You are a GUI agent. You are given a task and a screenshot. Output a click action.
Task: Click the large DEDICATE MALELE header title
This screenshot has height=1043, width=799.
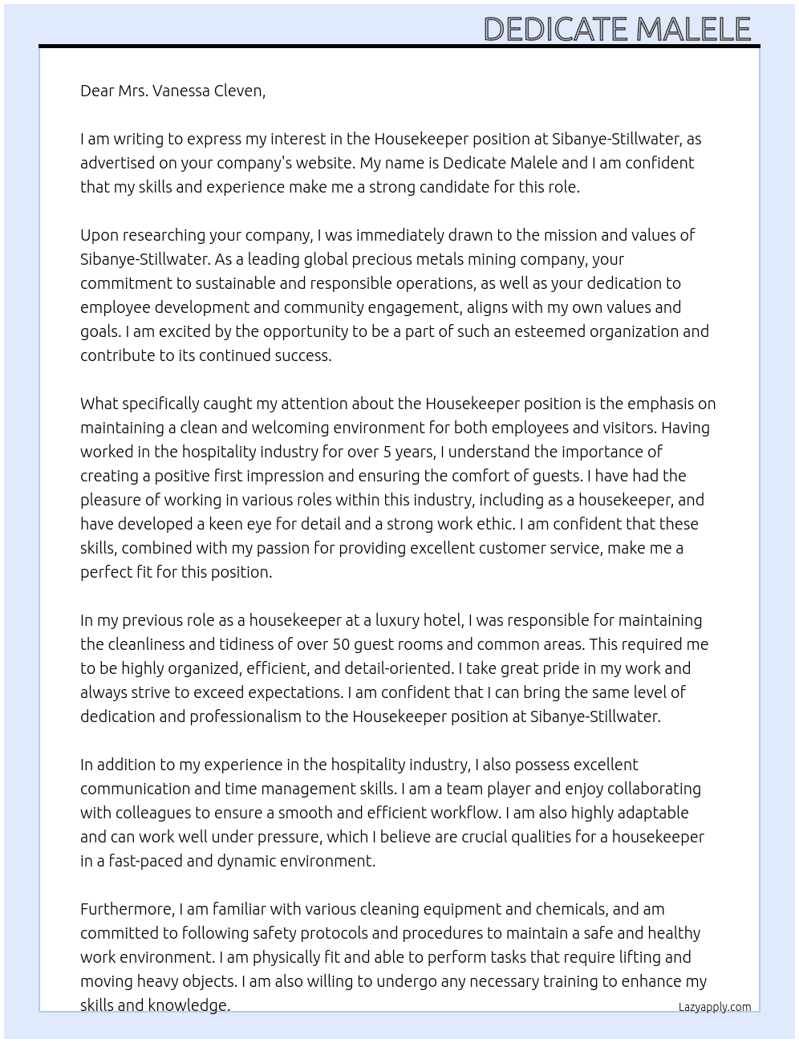click(616, 29)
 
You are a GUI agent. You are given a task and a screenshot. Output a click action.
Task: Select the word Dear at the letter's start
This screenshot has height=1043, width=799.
click(97, 91)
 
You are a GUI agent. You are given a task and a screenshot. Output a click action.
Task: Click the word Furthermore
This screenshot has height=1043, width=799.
click(127, 909)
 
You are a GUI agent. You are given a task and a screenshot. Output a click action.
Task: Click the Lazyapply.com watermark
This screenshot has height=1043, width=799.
click(714, 1007)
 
